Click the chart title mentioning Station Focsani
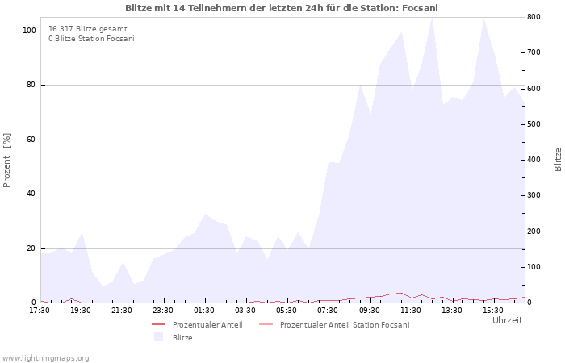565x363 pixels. click(282, 8)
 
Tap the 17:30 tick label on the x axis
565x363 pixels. click(40, 311)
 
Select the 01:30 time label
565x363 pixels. click(204, 311)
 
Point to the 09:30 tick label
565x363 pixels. click(370, 311)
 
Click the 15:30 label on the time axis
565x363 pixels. click(493, 311)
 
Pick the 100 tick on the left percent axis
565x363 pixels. click(29, 31)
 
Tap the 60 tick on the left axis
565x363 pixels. click(31, 140)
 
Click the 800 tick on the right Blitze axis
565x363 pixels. click(534, 17)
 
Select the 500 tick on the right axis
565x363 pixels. click(534, 124)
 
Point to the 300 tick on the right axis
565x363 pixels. click(534, 195)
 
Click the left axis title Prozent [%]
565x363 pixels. click(6, 161)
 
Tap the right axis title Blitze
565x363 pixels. click(558, 160)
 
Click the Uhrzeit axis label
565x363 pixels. click(508, 320)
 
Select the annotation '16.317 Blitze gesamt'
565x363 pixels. click(88, 29)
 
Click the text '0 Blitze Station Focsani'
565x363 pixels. click(91, 39)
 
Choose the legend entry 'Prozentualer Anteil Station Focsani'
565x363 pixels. click(345, 325)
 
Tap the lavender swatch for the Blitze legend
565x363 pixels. click(158, 337)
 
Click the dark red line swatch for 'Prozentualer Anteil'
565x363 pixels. click(158, 324)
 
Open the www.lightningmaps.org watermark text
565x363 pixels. click(45, 358)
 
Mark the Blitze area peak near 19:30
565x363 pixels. click(82, 232)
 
